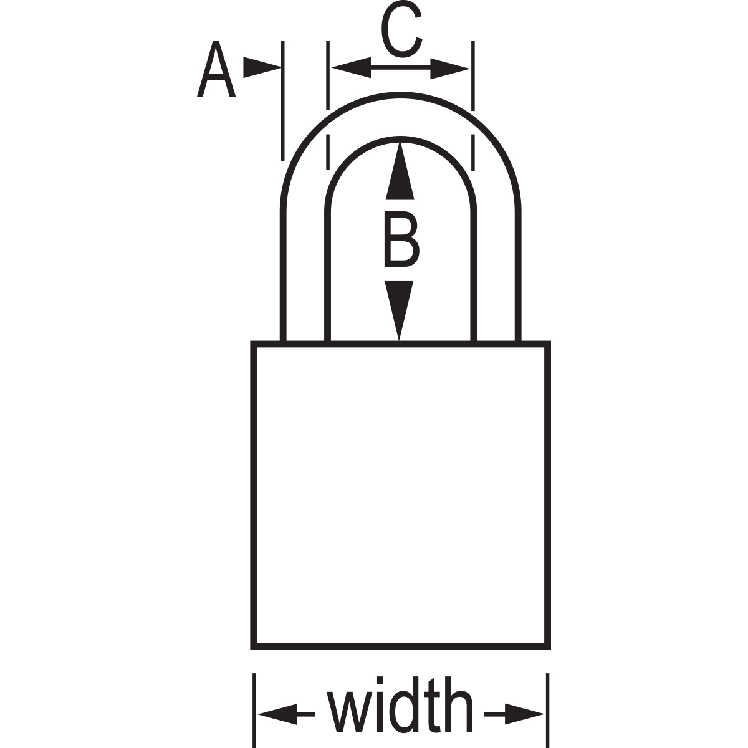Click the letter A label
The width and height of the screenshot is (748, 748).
click(x=216, y=70)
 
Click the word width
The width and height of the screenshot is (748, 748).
click(x=400, y=711)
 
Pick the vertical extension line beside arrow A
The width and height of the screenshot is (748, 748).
click(x=282, y=100)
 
